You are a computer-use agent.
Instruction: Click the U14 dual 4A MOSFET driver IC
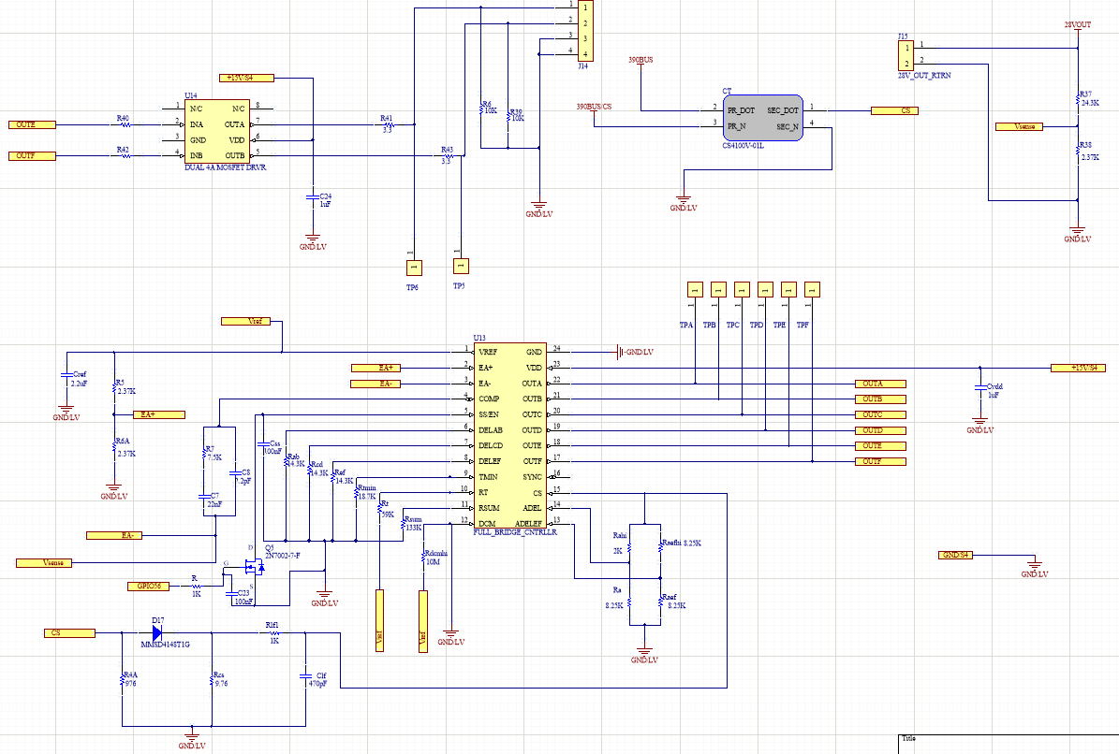click(223, 132)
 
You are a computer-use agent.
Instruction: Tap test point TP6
click(412, 268)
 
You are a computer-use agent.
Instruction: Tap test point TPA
click(694, 289)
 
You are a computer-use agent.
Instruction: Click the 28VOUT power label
click(1077, 25)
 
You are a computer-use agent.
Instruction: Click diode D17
click(156, 633)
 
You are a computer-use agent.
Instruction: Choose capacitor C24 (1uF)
click(313, 198)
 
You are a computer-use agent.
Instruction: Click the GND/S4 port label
click(957, 556)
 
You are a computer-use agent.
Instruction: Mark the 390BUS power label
click(640, 60)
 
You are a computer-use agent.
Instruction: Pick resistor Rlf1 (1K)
click(274, 633)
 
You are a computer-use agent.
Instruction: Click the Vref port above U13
click(246, 321)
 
